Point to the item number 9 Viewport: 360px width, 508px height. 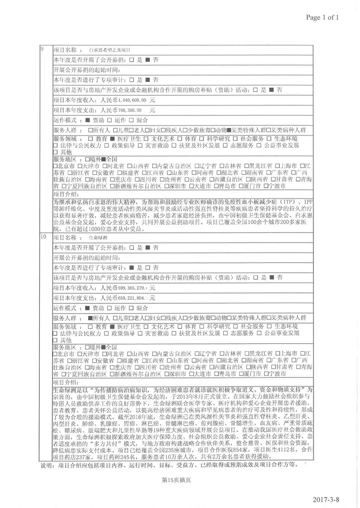(42, 49)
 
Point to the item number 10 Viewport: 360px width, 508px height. (43, 237)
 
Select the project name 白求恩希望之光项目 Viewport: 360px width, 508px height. (109, 49)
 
